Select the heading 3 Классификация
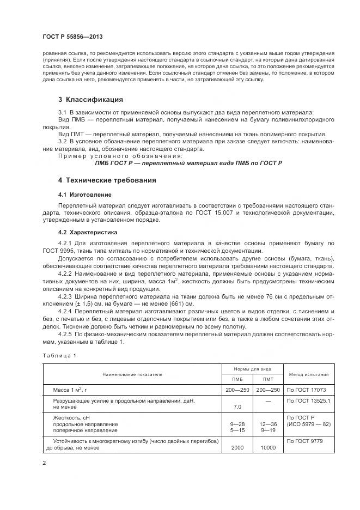point(90,100)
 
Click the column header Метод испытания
point(308,374)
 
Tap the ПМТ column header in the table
point(268,379)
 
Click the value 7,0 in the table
point(237,406)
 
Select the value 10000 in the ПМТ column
point(268,447)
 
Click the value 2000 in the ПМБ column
point(237,447)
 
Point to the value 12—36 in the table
point(268,424)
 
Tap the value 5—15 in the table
point(237,430)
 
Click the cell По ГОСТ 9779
point(306,441)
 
